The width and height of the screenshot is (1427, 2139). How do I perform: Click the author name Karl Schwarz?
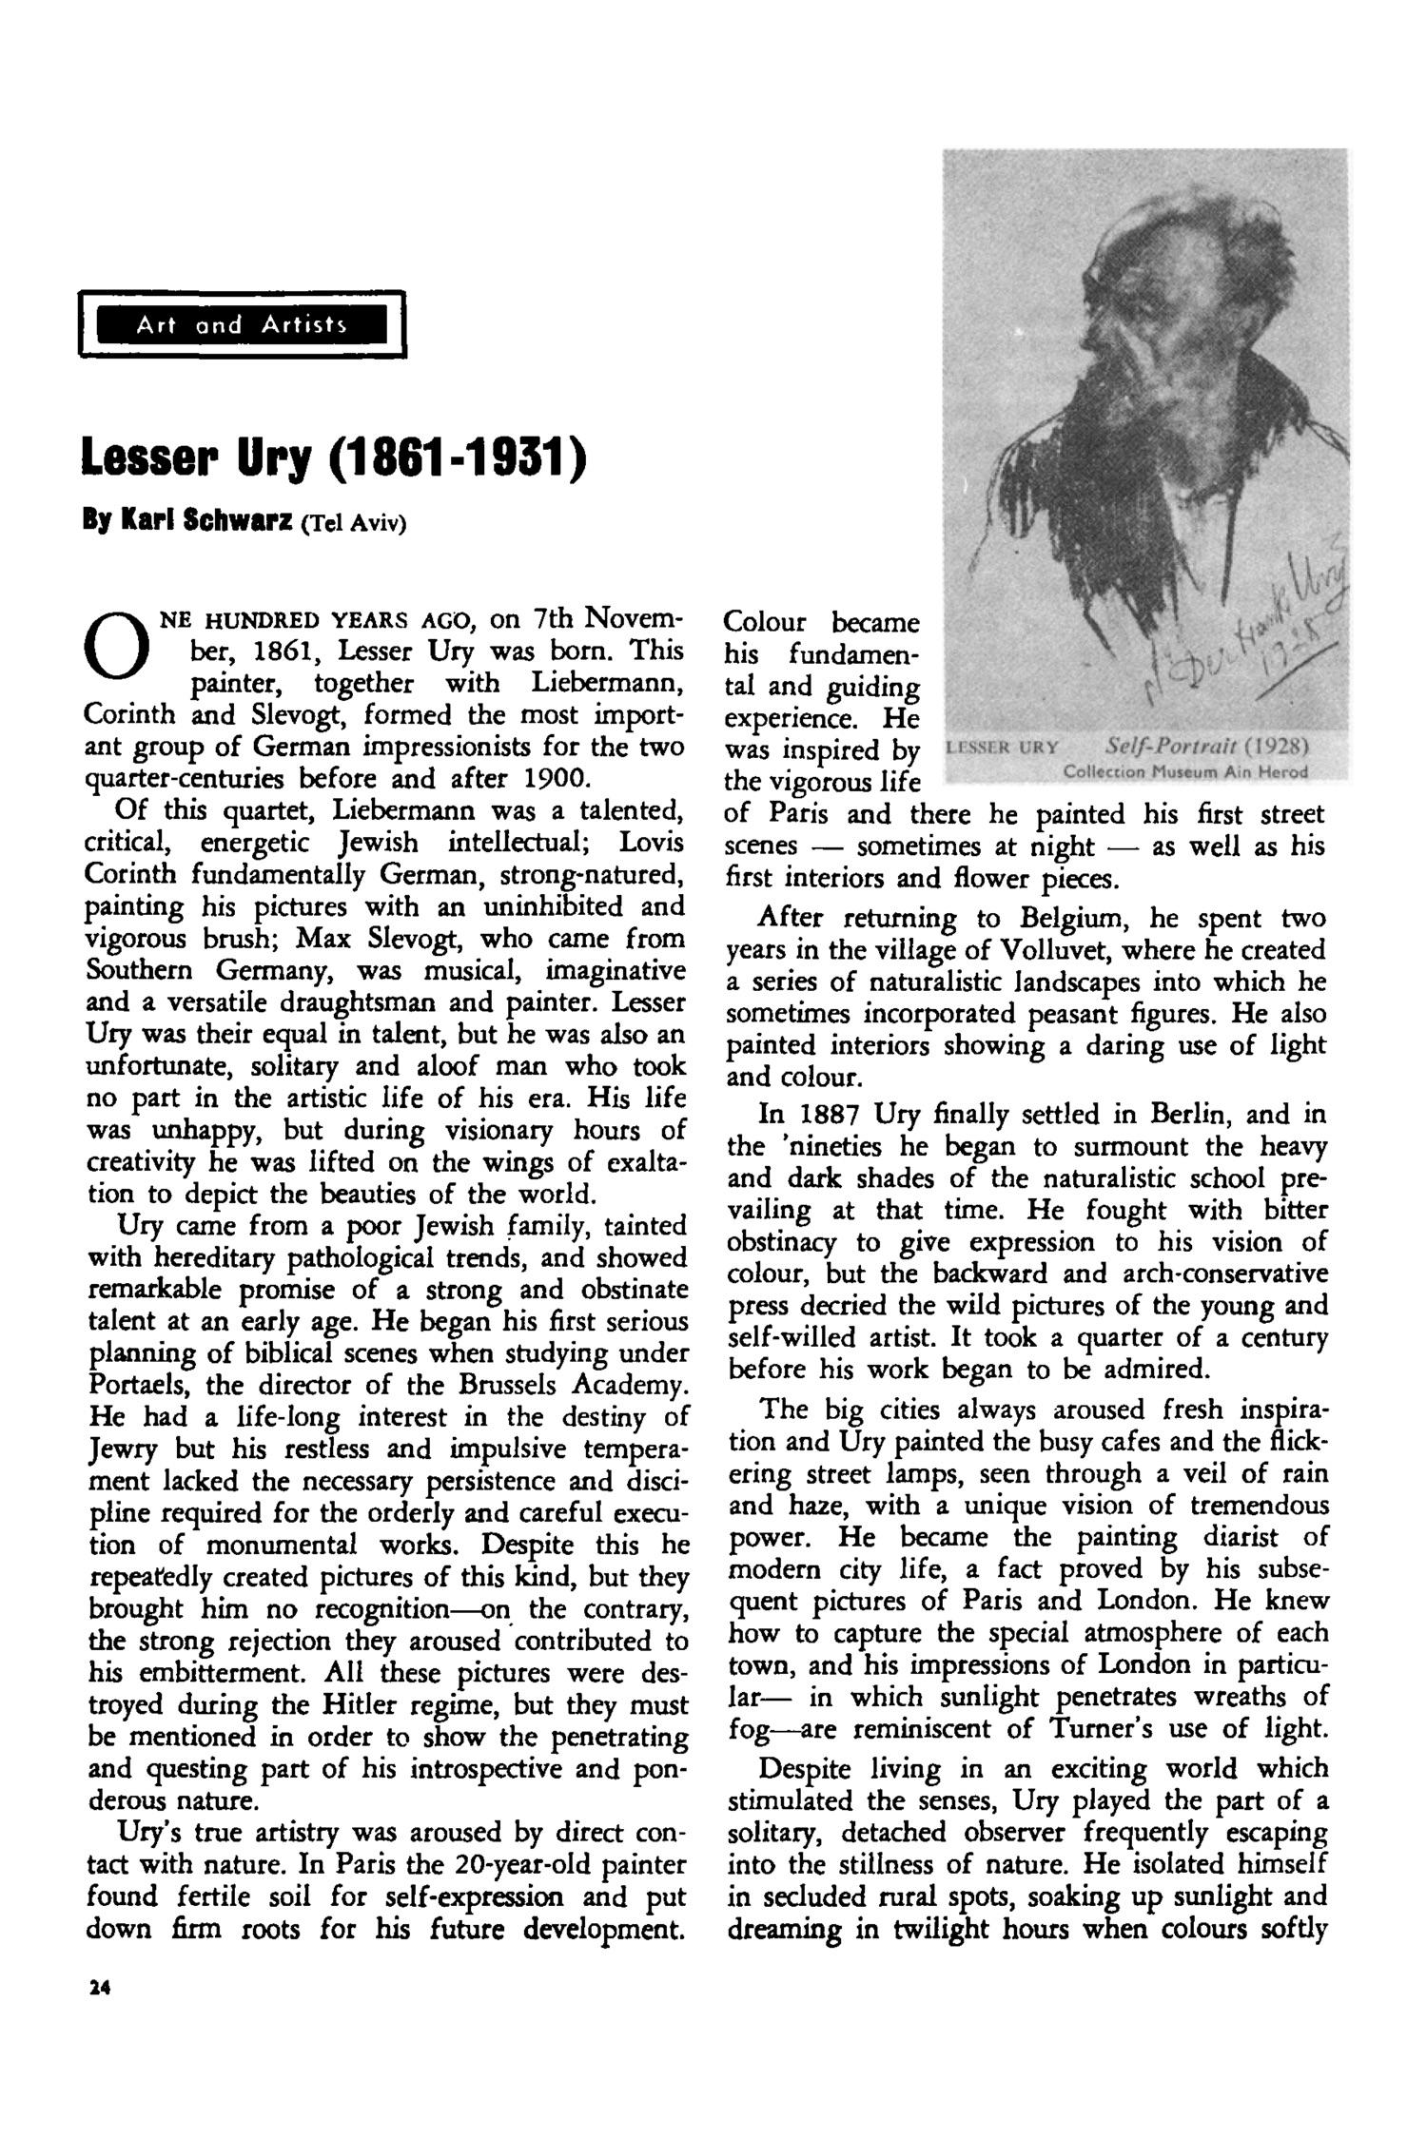pos(205,522)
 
